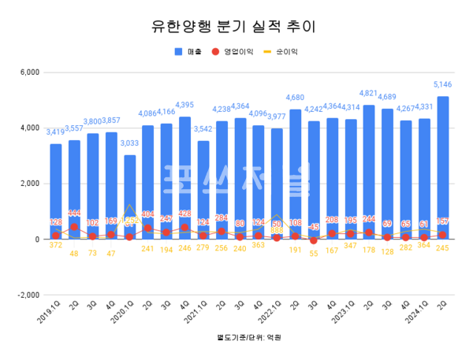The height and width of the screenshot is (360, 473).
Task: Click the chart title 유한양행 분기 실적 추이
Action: pos(236,27)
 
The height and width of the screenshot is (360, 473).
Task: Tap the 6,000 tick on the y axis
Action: pos(29,72)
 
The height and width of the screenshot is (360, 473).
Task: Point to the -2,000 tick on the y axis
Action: pos(28,295)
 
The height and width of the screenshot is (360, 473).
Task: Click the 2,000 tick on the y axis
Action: pos(29,184)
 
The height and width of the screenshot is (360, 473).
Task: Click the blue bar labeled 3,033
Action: pos(129,197)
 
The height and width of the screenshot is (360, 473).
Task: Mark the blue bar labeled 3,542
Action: pos(203,190)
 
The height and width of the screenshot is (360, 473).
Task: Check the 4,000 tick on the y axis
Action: pos(29,128)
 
